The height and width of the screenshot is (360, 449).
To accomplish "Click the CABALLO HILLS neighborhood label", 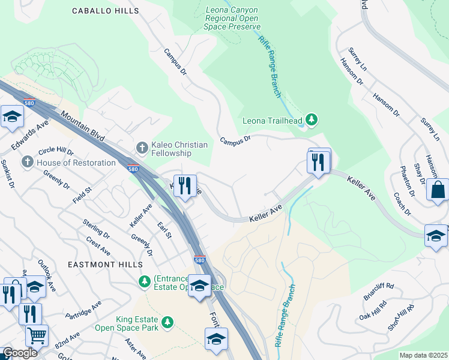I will (105, 11).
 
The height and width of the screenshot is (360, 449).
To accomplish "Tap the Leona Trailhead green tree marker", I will (311, 120).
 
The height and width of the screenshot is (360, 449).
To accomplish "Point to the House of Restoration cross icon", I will (28, 163).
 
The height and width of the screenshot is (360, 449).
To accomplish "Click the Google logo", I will (20, 353).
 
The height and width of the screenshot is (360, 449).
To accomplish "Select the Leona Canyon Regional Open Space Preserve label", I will (233, 18).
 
